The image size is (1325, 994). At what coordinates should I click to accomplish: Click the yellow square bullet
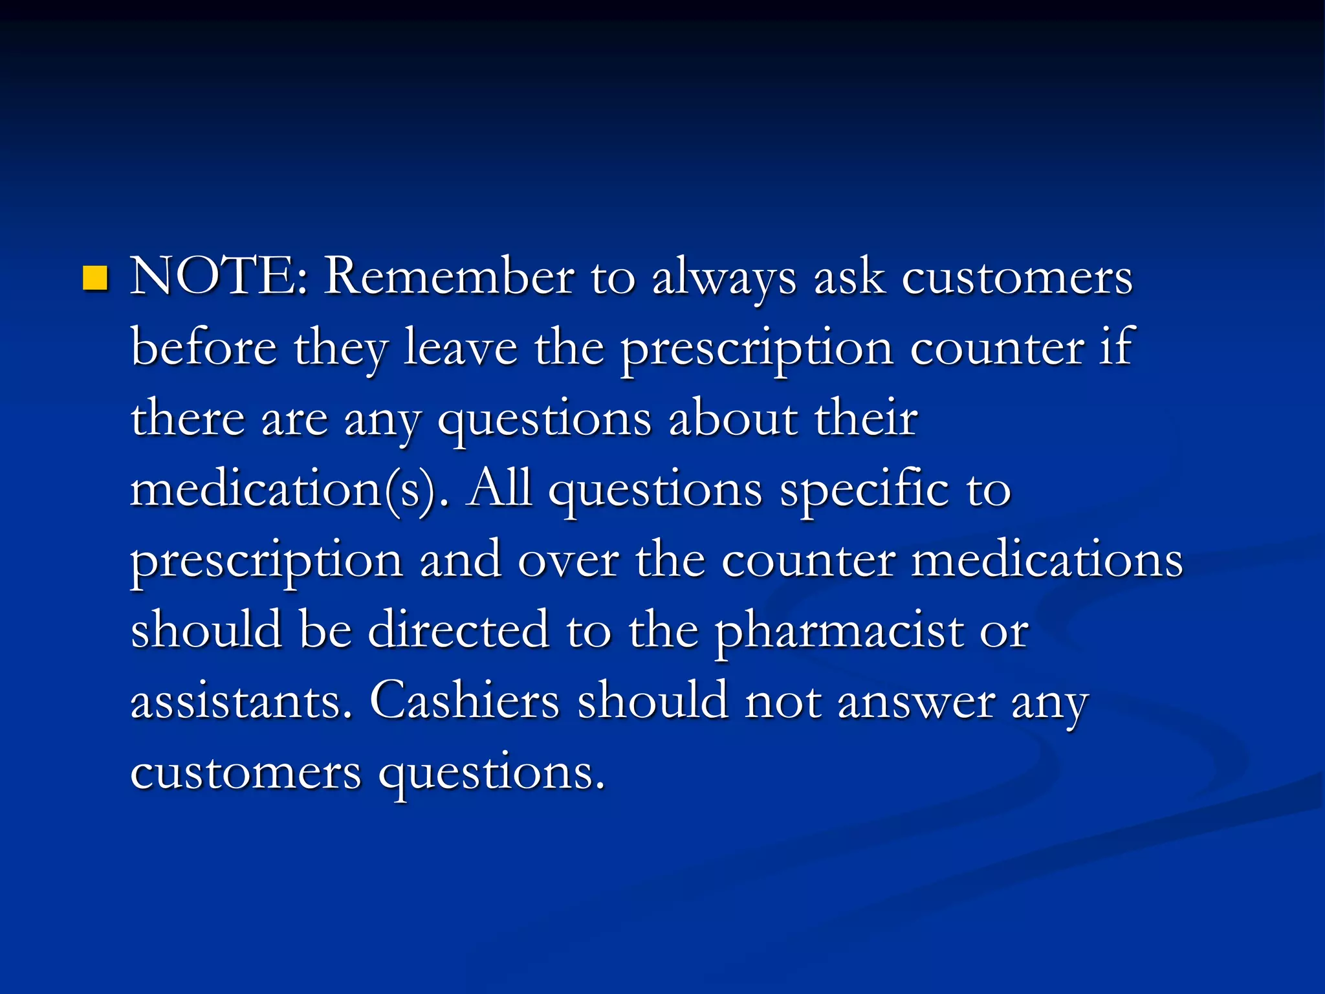[95, 278]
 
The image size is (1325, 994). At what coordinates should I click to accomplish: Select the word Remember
[449, 277]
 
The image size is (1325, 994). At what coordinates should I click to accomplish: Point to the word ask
[849, 277]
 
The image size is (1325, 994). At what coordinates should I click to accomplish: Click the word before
[204, 348]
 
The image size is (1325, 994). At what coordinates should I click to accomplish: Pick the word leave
[461, 348]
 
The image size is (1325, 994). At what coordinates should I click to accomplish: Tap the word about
[733, 419]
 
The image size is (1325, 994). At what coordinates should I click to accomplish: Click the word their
[866, 419]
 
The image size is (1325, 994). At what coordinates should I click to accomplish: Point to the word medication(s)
[289, 490]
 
